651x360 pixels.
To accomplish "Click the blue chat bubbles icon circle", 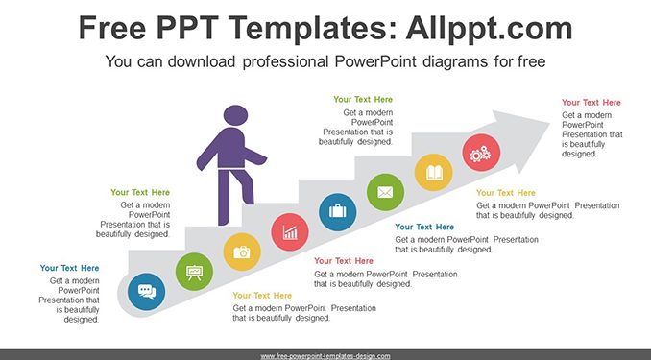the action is coord(146,292).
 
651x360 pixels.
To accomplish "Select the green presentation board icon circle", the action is coord(194,272).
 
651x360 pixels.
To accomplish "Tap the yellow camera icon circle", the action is coord(242,252).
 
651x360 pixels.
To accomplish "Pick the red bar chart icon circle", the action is coord(290,231).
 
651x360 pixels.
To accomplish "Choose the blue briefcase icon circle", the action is coord(338,212).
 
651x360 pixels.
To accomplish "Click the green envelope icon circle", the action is coord(385,192).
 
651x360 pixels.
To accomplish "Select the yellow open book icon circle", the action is coord(433,172).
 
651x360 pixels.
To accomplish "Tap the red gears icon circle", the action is coord(481,153).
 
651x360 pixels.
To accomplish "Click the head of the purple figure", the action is coord(235,115).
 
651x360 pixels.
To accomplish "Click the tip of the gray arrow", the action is coord(549,122).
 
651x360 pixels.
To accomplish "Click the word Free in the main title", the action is coord(112,28).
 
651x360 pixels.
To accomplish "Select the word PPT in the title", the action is coord(187,28).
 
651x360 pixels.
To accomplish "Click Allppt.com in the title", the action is coord(489,29).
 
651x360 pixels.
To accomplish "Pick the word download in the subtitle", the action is coord(202,61).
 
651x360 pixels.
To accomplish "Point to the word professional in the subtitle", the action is coord(286,62).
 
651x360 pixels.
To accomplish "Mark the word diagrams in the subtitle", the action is coord(454,62).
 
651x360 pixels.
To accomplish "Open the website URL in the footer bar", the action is coord(325,356).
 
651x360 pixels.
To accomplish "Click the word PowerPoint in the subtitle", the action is coord(375,61).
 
